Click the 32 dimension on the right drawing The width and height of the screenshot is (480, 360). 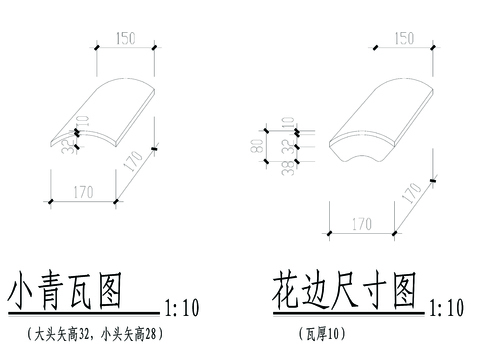287,142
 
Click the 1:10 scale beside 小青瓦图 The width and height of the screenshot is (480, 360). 181,305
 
